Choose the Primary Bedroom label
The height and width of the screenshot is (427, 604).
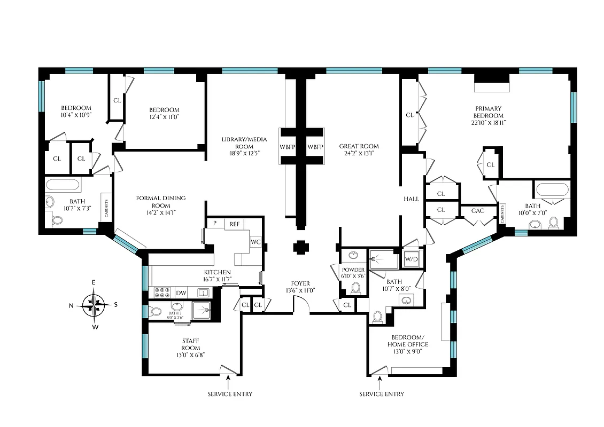point(488,115)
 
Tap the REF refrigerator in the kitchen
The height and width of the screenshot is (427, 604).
point(235,224)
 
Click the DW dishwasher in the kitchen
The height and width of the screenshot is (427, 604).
point(181,292)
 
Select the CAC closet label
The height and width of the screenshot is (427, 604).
point(477,211)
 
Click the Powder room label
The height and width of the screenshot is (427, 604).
point(353,273)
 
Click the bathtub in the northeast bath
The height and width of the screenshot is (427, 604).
point(63,186)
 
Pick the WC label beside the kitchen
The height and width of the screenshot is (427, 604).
point(255,242)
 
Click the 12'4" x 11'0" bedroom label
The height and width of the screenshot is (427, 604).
point(164,114)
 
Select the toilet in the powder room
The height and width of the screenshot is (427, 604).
point(355,289)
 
